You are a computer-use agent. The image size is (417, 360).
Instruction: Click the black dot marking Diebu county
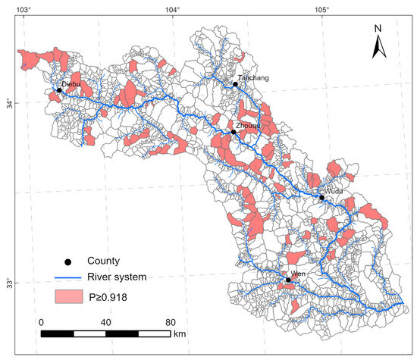point(59,90)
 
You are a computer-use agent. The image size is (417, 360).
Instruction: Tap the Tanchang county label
point(252,78)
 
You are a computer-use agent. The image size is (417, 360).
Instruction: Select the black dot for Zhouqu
point(234,132)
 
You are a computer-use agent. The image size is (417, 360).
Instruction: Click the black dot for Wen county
point(288,280)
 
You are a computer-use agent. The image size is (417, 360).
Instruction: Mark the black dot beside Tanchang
point(235,84)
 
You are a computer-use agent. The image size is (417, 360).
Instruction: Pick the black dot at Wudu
point(321,197)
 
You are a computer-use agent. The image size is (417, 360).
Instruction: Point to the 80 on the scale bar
point(171,321)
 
